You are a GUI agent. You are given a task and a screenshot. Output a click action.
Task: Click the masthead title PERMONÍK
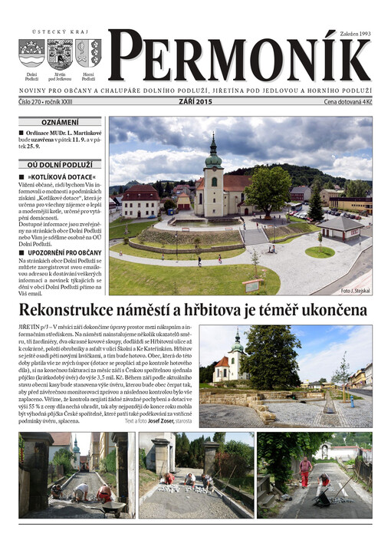(238, 59)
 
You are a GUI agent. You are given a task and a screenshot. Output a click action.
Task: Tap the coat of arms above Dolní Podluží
(31, 54)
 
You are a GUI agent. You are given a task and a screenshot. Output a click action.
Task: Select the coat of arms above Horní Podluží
(88, 53)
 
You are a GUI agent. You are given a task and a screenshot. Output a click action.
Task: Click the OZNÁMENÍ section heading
(59, 121)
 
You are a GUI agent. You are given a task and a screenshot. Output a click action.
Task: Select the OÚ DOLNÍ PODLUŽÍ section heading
(59, 164)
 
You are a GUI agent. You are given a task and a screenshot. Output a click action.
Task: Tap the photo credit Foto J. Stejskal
(355, 291)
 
